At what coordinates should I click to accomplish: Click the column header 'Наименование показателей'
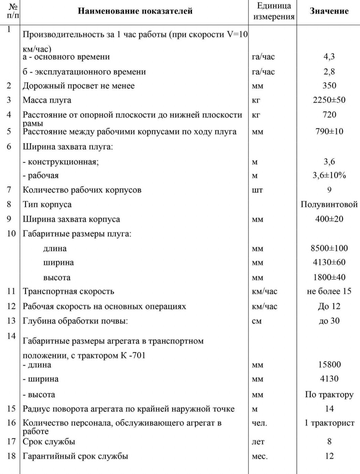pos(135,11)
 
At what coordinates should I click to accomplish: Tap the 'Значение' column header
pos(329,11)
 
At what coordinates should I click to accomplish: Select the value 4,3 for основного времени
pos(329,57)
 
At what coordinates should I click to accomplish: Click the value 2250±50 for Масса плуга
pos(329,100)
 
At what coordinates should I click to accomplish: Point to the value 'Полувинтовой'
pos(329,204)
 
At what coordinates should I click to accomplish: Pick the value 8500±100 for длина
pos(329,248)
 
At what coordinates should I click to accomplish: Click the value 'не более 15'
pos(329,291)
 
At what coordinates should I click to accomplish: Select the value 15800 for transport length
pos(329,365)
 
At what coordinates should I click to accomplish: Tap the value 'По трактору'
pos(329,395)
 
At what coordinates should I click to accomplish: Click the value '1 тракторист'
pos(329,423)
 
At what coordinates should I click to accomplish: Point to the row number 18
pos(11,456)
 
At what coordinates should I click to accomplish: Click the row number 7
pos(9,190)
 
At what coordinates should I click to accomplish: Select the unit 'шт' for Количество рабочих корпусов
pos(257,190)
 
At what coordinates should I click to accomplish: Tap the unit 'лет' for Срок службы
pos(258,442)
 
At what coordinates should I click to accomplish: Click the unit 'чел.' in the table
pos(259,423)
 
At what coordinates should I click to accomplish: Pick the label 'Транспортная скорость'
pos(68,291)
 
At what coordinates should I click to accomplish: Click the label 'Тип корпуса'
pos(47,204)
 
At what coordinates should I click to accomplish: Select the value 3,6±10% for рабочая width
pos(329,175)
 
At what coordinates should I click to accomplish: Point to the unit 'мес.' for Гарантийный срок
pos(260,456)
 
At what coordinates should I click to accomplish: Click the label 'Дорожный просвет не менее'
pos(78,86)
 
